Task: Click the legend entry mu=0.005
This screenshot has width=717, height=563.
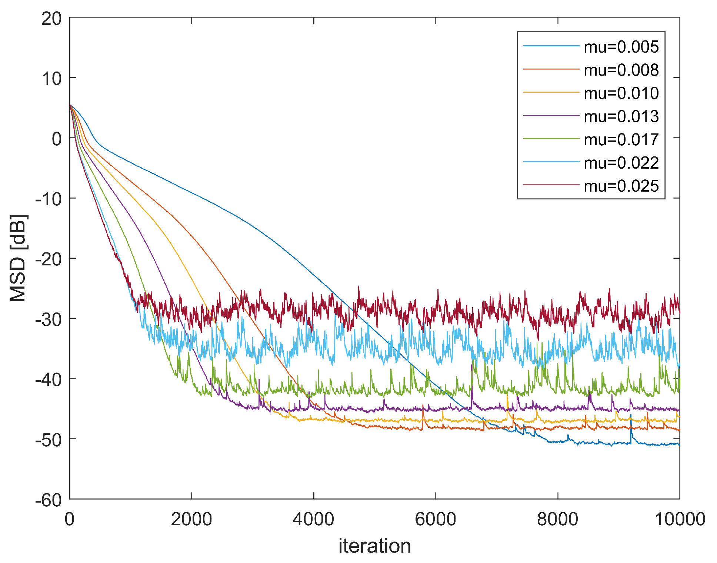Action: (621, 47)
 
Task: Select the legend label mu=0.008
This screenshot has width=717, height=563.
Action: (621, 70)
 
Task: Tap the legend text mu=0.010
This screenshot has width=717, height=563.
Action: (621, 93)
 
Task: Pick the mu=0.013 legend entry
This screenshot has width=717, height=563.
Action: (621, 116)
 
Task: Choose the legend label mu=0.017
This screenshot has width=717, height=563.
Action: (621, 140)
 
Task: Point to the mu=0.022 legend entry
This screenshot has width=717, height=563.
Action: (621, 163)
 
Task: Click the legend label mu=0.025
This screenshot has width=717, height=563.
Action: (621, 186)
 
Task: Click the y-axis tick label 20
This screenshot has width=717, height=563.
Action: (51, 19)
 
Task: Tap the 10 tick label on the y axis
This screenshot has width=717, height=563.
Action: (51, 79)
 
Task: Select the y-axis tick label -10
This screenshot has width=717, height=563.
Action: (48, 199)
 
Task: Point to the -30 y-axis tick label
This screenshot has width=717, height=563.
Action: (48, 319)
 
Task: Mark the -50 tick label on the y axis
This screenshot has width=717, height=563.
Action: (48, 440)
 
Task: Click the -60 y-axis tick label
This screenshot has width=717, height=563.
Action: (48, 500)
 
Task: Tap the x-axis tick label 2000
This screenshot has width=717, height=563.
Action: (191, 519)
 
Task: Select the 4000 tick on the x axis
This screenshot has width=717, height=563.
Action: (313, 519)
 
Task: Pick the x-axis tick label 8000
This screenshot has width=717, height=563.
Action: (557, 519)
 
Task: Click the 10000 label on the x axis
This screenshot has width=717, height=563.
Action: (680, 519)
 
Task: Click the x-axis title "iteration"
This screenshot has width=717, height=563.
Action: (374, 546)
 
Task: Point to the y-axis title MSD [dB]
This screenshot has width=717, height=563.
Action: (18, 258)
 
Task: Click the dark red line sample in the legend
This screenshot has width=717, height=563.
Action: (551, 185)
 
